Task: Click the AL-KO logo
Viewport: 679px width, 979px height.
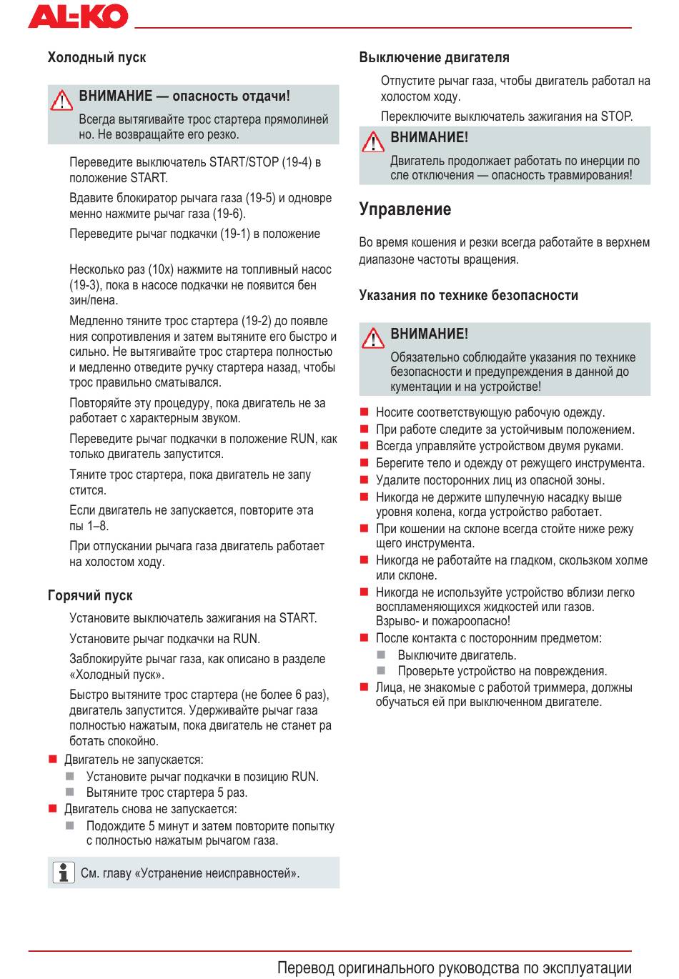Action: point(78,16)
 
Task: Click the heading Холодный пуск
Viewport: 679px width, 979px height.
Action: point(96,58)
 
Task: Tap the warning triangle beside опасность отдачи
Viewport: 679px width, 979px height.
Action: point(62,100)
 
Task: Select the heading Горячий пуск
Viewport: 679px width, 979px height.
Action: point(90,596)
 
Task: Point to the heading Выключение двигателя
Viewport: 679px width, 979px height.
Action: point(434,58)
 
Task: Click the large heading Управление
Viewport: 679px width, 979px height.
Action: point(405,209)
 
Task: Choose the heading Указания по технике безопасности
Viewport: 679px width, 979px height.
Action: point(468,296)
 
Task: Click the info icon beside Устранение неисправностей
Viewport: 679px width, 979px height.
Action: point(64,873)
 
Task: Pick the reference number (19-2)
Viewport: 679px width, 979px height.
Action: point(259,321)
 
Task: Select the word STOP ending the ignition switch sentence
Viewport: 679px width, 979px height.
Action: point(615,116)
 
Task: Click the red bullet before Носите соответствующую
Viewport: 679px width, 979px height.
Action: point(364,412)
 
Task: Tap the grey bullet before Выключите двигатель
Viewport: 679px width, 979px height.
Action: point(382,655)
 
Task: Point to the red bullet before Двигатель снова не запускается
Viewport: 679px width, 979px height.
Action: point(52,809)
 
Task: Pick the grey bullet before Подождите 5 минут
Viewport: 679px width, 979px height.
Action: point(70,825)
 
